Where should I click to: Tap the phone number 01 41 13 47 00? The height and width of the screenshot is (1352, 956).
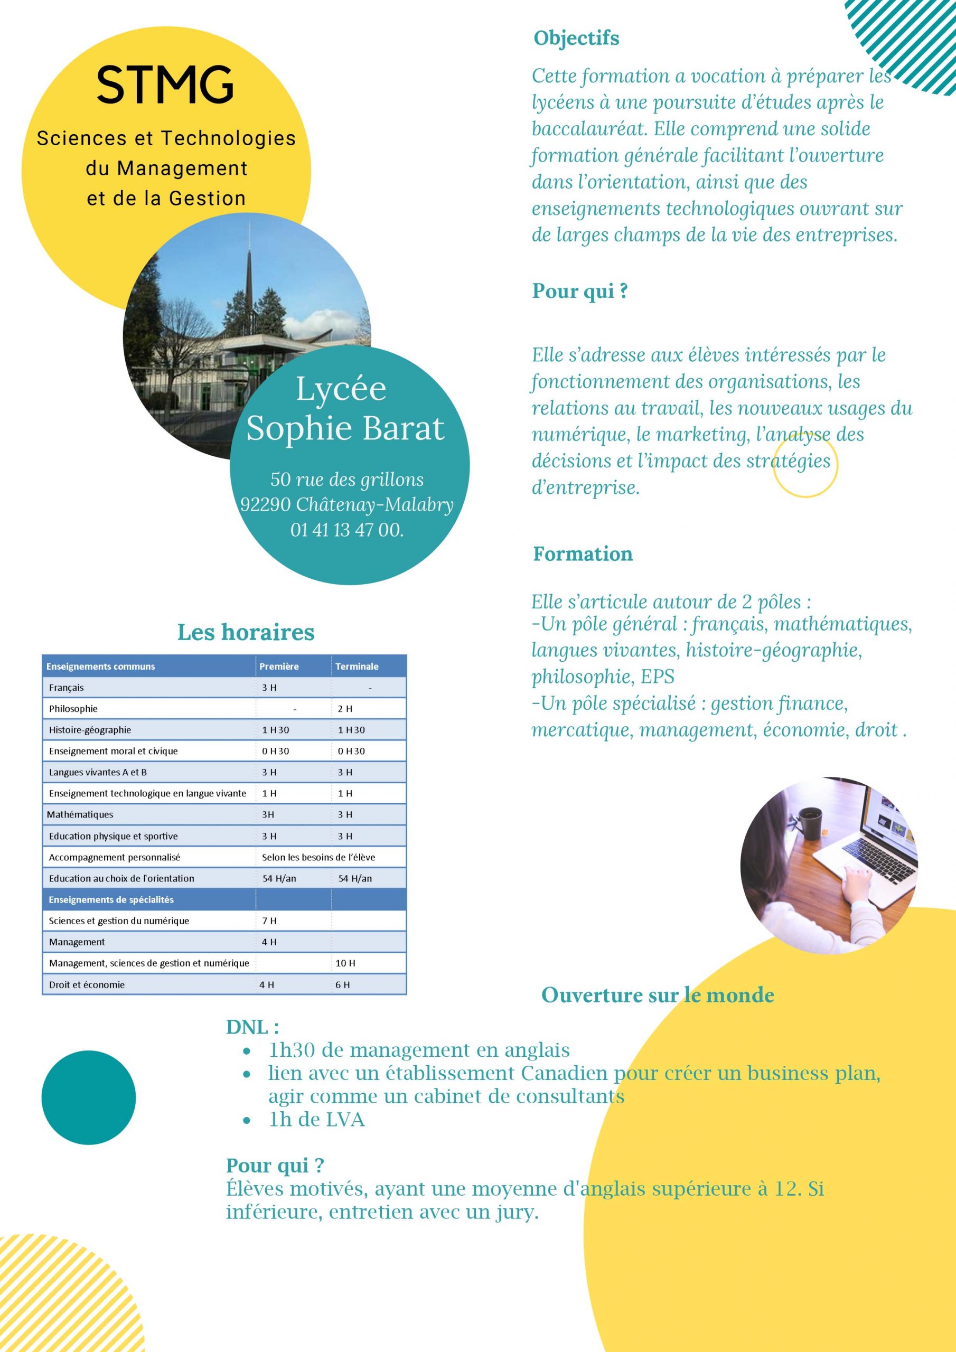click(346, 530)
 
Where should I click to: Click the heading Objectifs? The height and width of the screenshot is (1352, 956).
click(576, 38)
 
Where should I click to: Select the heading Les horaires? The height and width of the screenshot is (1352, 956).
click(246, 632)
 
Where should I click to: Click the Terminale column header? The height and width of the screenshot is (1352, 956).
click(357, 666)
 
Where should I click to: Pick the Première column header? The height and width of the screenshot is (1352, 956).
click(279, 666)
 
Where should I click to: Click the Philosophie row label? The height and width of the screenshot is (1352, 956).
click(73, 709)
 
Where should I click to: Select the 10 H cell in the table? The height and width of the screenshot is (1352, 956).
click(345, 963)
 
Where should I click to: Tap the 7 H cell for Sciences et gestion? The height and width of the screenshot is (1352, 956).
click(269, 921)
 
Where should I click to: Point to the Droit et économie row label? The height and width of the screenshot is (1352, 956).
click(87, 984)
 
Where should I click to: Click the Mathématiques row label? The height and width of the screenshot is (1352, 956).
click(80, 815)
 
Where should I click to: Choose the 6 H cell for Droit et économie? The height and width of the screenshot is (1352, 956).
click(343, 984)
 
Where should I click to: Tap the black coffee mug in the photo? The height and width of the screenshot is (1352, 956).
click(811, 823)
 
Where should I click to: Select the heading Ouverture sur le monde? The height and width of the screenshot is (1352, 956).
click(658, 996)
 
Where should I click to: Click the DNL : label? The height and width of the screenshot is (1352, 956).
click(252, 1028)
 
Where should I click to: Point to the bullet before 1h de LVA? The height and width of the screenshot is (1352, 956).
click(247, 1120)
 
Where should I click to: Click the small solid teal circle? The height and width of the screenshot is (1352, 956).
click(88, 1097)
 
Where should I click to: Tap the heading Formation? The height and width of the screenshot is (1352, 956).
click(583, 554)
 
